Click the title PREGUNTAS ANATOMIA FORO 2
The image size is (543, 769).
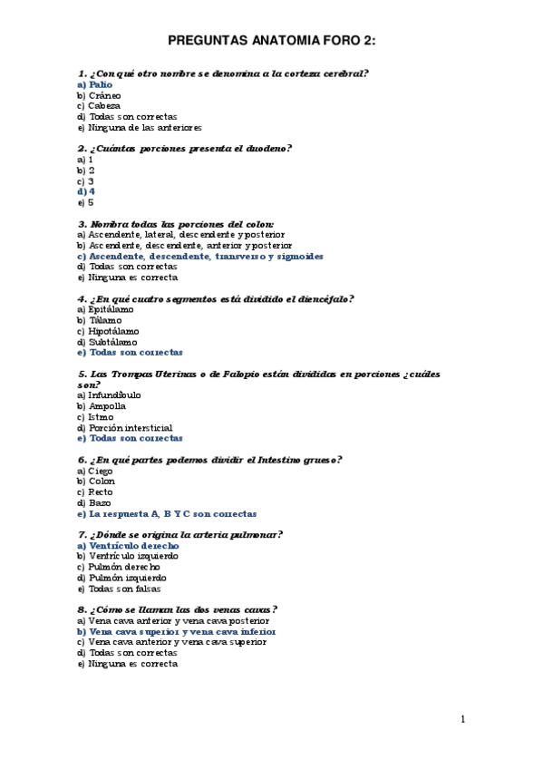pos(272,41)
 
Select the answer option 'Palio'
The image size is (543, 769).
pos(94,84)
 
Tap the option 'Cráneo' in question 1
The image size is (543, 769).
pos(99,95)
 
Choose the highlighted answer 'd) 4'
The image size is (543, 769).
pos(86,191)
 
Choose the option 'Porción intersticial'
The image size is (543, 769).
pos(124,427)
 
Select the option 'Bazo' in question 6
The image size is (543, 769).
pos(94,502)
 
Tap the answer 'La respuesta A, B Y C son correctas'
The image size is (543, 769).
pos(166,513)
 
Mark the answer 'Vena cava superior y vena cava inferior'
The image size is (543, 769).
pos(176,631)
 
